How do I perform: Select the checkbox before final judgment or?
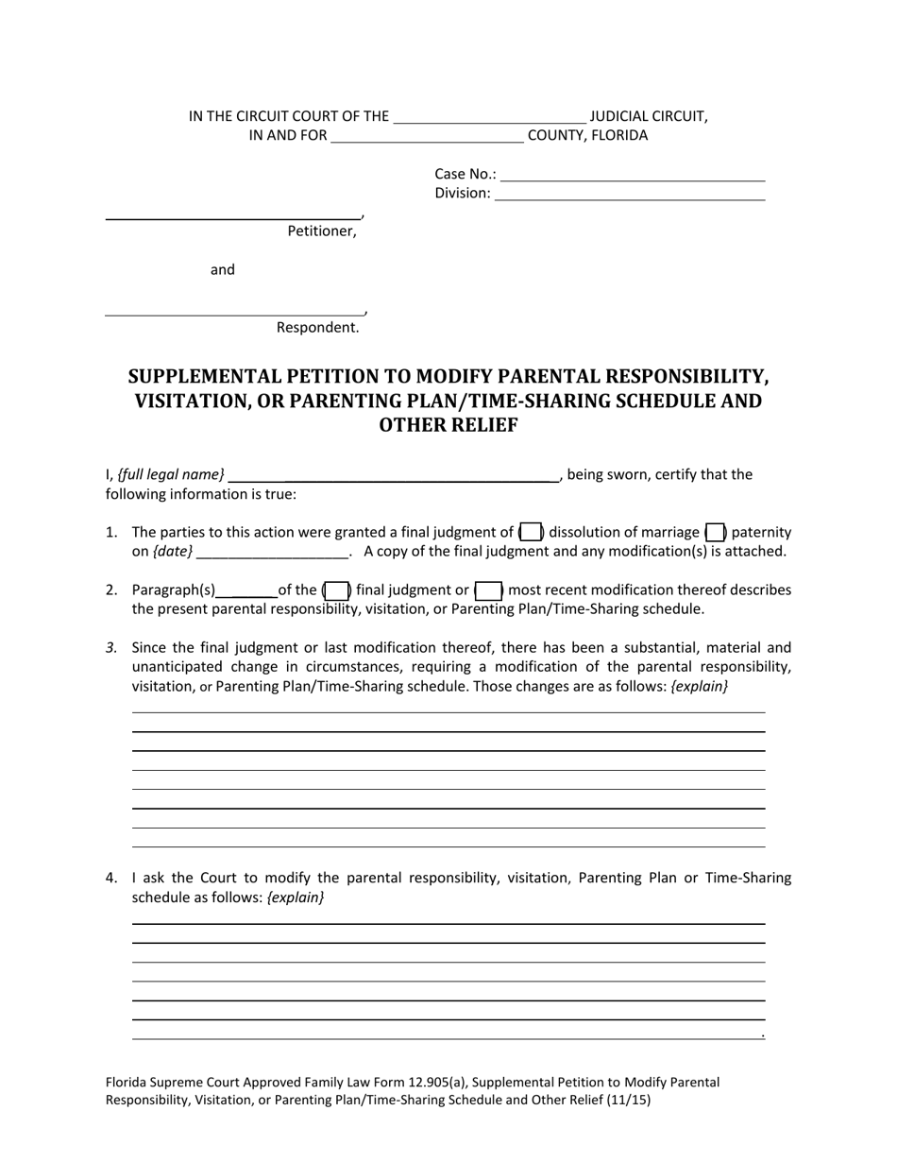click(337, 590)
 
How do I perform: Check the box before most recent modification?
click(488, 590)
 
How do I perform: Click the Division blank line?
click(630, 194)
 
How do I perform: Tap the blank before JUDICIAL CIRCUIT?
click(489, 117)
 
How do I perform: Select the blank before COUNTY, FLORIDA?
click(427, 136)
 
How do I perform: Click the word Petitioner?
click(322, 231)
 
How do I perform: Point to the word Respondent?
click(317, 328)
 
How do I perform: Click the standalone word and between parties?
click(223, 270)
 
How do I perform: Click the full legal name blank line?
click(394, 475)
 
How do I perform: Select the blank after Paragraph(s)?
click(246, 590)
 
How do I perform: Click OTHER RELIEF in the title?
click(448, 425)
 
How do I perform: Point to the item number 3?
click(111, 648)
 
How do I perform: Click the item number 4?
click(111, 878)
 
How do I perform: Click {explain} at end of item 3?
click(699, 687)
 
